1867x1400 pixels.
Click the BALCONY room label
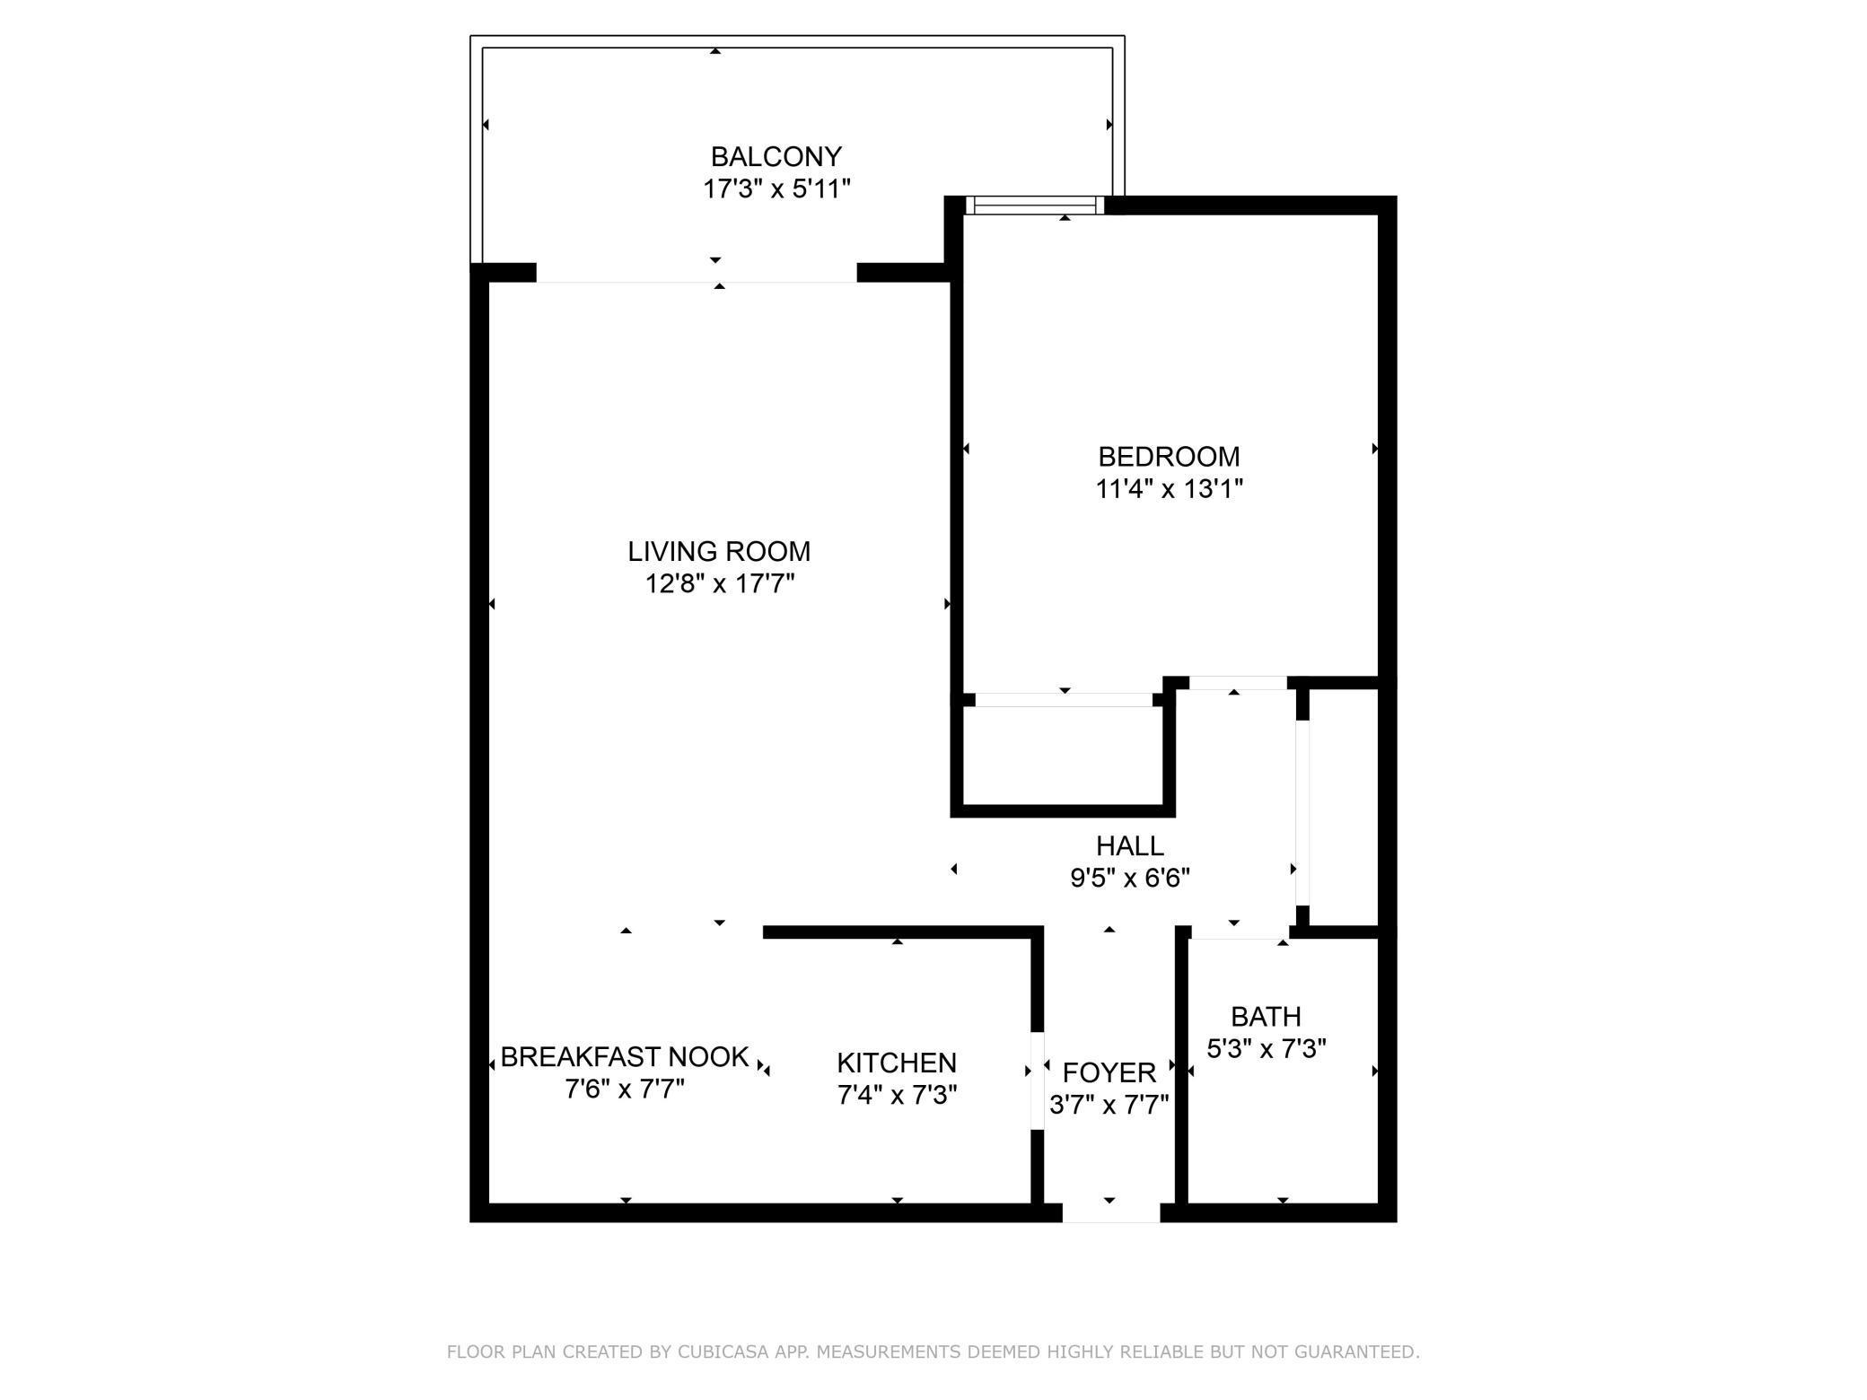pos(776,157)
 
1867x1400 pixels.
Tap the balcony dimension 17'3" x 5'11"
pos(776,189)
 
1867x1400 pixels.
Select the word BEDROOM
pos(1169,457)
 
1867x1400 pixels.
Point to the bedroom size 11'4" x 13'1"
pos(1169,489)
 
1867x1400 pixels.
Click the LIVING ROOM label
pos(719,551)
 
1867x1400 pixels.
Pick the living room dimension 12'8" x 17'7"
pos(719,584)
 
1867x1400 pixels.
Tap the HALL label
pos(1129,845)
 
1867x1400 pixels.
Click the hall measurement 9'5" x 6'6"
pos(1129,878)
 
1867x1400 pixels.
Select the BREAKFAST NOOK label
pos(625,1057)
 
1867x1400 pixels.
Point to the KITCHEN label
pos(897,1063)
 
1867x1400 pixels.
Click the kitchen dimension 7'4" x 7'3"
pos(897,1095)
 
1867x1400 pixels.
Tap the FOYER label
pos(1109,1072)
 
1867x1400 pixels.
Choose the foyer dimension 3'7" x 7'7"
pos(1109,1105)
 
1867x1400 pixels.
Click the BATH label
pos(1266,1017)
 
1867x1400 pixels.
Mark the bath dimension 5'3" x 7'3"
pos(1266,1048)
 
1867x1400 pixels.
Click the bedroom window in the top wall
pos(1035,206)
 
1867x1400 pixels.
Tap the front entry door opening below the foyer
pos(1111,1212)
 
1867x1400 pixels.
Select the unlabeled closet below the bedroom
pos(1063,756)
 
